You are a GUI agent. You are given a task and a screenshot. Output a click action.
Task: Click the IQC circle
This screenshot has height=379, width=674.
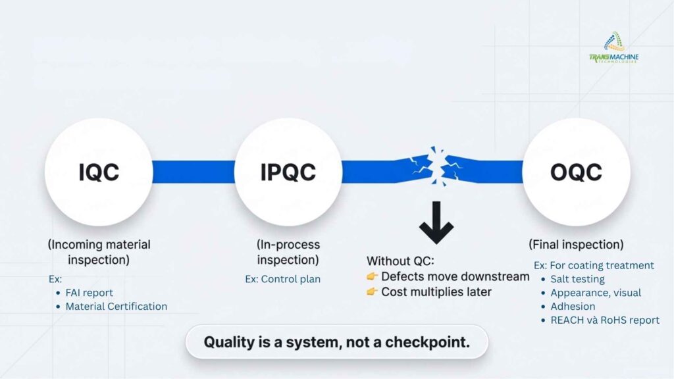(99, 172)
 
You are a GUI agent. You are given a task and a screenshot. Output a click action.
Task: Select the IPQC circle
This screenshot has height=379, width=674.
(288, 172)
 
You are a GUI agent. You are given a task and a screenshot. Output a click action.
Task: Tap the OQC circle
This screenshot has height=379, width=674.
(576, 172)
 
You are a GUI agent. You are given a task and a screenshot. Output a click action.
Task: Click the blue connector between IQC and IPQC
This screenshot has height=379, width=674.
(194, 172)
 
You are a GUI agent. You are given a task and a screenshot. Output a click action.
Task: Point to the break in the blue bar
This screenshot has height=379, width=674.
(434, 168)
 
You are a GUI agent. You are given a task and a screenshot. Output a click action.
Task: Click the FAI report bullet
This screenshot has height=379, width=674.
(90, 293)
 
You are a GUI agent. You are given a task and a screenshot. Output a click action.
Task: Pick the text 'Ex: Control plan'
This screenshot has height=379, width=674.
(283, 279)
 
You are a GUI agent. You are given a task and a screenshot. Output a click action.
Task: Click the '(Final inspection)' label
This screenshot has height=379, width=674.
(576, 245)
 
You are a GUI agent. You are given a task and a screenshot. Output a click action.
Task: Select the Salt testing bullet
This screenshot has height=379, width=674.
(577, 279)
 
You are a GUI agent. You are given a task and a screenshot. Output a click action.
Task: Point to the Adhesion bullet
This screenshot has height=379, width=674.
(573, 307)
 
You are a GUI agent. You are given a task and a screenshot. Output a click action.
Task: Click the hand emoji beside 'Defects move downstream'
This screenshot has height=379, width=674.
(372, 276)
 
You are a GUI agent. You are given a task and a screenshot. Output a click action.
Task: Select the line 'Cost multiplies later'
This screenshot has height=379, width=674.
(436, 291)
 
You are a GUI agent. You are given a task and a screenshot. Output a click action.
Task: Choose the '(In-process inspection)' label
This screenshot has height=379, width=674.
(288, 252)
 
